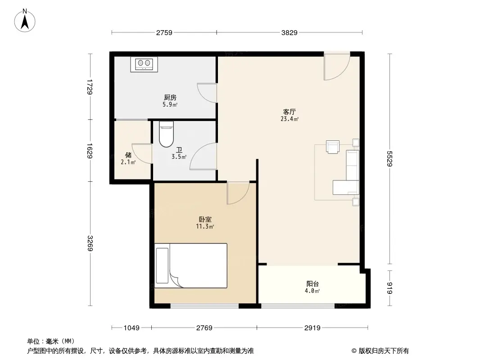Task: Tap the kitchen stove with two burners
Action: pyautogui.click(x=144, y=64)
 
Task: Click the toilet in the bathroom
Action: pyautogui.click(x=166, y=134)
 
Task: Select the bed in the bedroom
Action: pyautogui.click(x=191, y=265)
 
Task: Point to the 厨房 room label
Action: pyautogui.click(x=170, y=97)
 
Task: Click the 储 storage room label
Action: pyautogui.click(x=128, y=155)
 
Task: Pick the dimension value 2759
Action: pyautogui.click(x=164, y=33)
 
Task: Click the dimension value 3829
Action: pyautogui.click(x=289, y=33)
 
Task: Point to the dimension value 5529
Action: pyautogui.click(x=390, y=158)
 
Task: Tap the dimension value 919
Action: pyautogui.click(x=390, y=288)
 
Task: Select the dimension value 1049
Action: pyautogui.click(x=131, y=328)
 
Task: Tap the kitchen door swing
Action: pyautogui.click(x=207, y=93)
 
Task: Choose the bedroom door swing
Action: pyautogui.click(x=238, y=193)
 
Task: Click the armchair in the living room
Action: pyautogui.click(x=333, y=147)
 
